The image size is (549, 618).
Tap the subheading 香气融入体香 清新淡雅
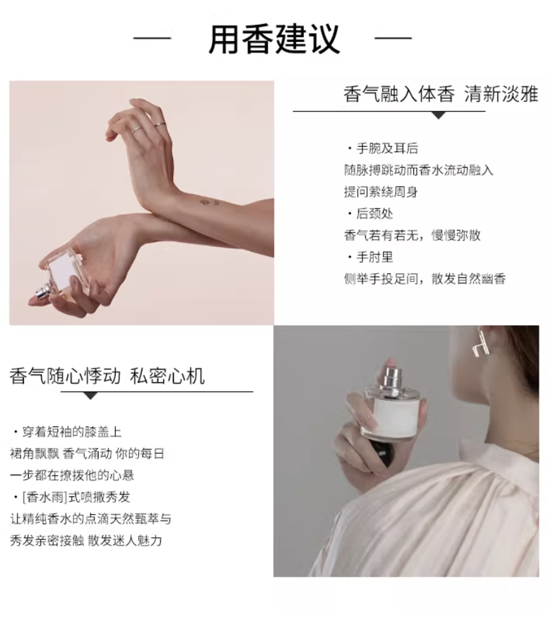[x=441, y=94]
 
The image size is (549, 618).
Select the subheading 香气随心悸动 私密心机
[x=107, y=376]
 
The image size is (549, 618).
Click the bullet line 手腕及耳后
[x=383, y=148]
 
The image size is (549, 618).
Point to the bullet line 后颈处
[x=370, y=214]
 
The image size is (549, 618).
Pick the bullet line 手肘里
[x=370, y=257]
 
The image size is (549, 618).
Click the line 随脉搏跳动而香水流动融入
[x=419, y=170]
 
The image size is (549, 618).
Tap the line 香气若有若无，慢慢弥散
[x=412, y=235]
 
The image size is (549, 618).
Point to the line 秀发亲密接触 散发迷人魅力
[x=86, y=540]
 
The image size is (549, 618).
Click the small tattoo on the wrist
[x=209, y=203]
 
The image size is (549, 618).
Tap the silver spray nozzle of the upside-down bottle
[x=42, y=293]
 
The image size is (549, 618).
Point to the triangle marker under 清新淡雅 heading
[x=439, y=115]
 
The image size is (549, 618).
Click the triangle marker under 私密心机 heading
[x=91, y=396]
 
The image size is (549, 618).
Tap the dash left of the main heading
[x=152, y=38]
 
